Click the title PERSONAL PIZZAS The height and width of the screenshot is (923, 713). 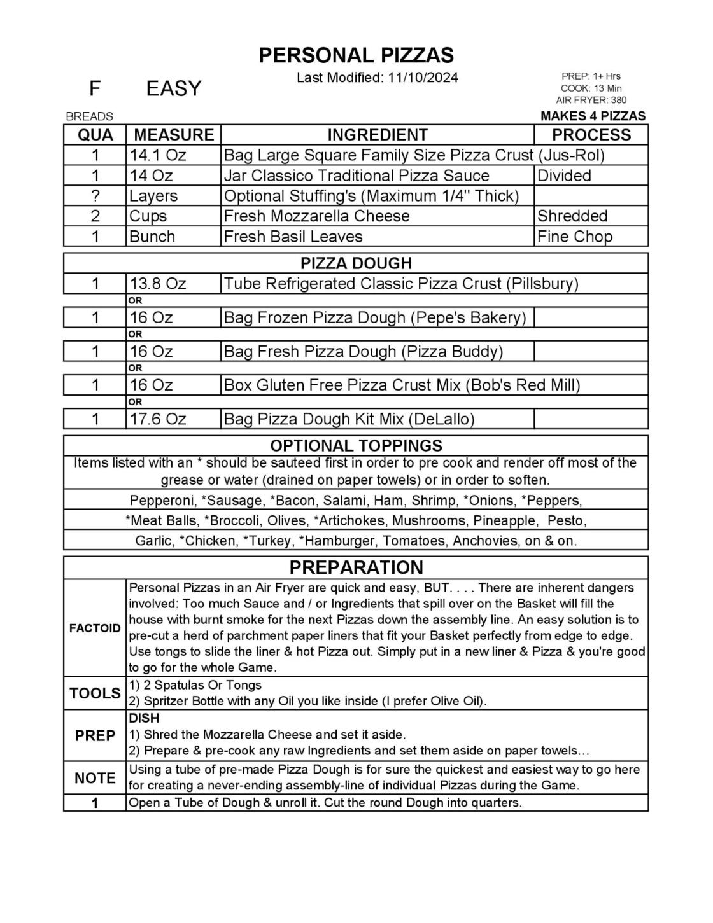356,55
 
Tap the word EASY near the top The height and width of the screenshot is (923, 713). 173,88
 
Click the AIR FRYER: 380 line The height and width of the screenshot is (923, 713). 591,100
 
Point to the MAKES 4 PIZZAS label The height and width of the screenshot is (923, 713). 593,116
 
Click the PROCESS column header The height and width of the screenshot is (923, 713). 591,135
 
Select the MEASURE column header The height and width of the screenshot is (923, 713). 174,135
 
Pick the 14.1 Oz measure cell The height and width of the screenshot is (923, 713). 158,155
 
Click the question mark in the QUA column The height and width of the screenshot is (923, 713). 95,196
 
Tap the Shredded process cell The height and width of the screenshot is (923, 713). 572,216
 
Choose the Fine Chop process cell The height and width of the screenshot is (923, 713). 574,237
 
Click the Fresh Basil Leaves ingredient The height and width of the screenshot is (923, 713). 293,237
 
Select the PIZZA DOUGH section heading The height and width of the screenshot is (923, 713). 356,263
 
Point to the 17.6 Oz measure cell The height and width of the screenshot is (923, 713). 158,419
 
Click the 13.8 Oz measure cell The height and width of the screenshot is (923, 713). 158,284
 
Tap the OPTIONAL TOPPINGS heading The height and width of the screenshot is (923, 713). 356,445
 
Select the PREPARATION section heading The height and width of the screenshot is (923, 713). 356,567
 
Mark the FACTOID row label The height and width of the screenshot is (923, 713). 95,628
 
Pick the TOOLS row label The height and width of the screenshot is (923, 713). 95,693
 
